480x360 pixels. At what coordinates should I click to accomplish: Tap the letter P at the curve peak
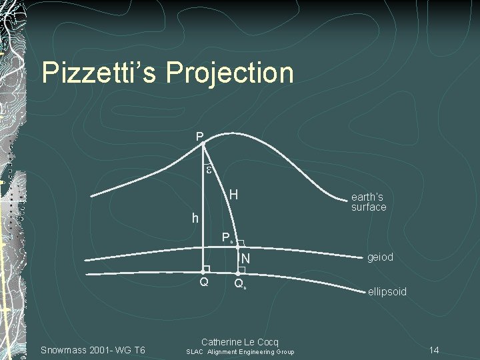click(199, 137)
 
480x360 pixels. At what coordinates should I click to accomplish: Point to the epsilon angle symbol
click(209, 170)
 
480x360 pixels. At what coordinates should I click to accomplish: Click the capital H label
click(234, 195)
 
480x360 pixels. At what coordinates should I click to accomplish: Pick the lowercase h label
click(195, 218)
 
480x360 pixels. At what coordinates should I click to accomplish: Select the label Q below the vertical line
click(205, 283)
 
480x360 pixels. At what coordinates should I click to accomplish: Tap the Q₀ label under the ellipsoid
click(241, 285)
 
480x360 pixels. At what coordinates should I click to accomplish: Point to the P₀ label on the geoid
click(228, 237)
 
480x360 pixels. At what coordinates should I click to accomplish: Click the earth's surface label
click(369, 202)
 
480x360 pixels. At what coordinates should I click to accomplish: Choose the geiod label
click(380, 257)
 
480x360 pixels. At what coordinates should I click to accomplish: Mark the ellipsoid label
click(387, 292)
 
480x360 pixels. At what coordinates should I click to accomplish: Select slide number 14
click(434, 350)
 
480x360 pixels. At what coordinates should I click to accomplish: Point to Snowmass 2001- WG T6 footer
click(93, 351)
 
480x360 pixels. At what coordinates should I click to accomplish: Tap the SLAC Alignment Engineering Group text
click(240, 352)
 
